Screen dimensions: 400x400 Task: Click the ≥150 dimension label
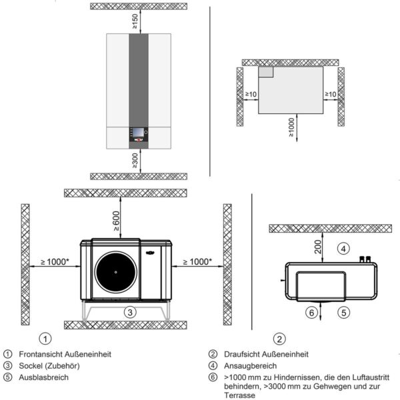[135, 22]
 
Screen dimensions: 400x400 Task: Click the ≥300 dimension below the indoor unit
[135, 161]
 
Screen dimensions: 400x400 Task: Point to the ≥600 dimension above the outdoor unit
[117, 220]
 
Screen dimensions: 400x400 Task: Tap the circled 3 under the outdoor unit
[132, 311]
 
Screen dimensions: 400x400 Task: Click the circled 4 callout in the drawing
[343, 249]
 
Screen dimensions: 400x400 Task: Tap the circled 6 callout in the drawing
[311, 311]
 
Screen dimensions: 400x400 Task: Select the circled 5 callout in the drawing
[343, 311]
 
